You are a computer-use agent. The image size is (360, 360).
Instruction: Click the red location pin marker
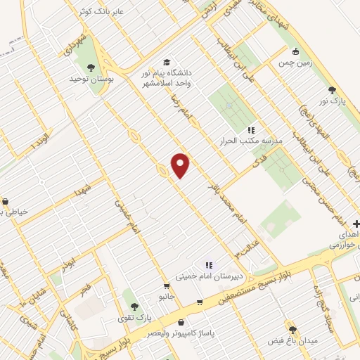181,165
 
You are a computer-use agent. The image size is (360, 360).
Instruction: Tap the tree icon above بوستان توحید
91,68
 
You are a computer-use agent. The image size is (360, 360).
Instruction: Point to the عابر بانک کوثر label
103,13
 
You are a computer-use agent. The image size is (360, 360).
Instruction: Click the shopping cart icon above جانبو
166,286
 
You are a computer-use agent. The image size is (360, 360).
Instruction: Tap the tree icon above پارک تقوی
133,306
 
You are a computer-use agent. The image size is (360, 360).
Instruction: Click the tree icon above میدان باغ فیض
292,329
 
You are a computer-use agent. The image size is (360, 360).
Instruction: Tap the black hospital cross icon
356,224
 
